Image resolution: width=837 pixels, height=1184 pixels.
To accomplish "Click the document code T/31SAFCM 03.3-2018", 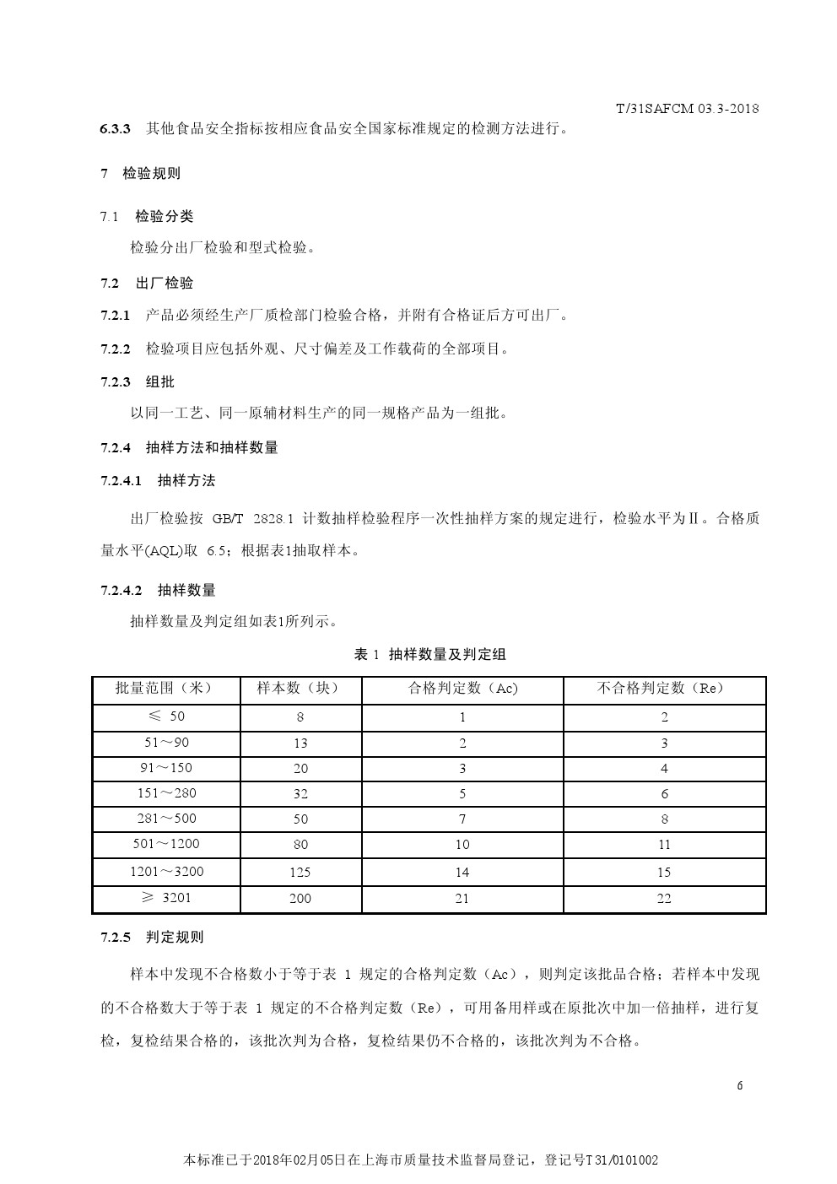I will point(687,109).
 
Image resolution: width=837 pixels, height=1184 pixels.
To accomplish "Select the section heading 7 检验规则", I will point(140,174).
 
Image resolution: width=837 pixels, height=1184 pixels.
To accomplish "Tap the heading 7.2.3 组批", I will point(138,381).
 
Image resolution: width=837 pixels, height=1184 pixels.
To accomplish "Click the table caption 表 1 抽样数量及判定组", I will point(429,654).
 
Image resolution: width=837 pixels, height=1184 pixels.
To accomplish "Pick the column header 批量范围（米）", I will point(165,689).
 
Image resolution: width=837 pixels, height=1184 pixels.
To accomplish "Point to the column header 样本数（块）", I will point(300,689).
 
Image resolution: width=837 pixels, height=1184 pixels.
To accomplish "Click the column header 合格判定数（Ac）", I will point(462,689).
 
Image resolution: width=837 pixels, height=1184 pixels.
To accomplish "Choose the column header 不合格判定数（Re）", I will point(663,689).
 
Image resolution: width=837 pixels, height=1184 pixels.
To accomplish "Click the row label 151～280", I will point(166,793).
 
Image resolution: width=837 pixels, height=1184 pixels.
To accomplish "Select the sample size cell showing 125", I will point(300,872).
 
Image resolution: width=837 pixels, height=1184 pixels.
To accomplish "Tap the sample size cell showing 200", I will point(300,898).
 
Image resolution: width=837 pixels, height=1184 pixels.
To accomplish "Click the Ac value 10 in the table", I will point(462,844).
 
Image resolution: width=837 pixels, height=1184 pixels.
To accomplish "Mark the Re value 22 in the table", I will point(664,898).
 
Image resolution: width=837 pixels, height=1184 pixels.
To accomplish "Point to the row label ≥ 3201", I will point(166,898).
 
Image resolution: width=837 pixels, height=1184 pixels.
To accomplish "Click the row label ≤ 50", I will point(166,716).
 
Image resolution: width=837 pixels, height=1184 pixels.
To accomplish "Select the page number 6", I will point(739,1085).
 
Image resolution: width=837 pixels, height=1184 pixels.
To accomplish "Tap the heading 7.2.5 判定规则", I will point(152,937).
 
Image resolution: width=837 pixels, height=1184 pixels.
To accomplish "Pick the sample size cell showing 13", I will point(300,743).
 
